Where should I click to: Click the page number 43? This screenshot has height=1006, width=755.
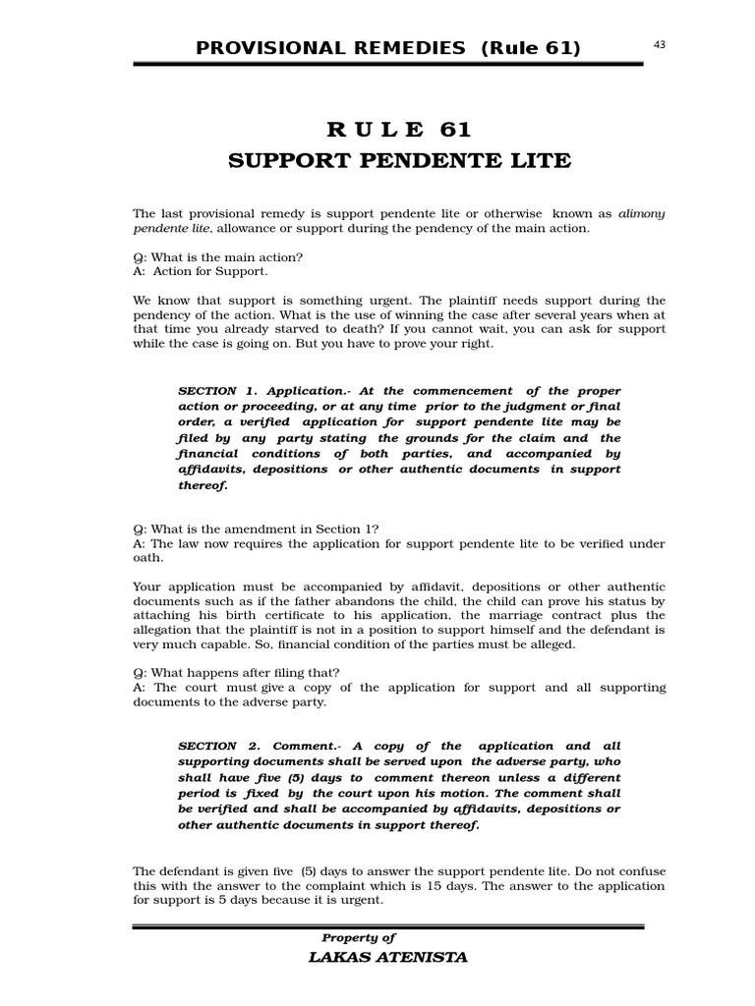[x=659, y=42]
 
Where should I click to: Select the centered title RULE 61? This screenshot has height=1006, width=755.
[x=399, y=130]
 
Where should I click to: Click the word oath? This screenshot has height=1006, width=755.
[x=147, y=558]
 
